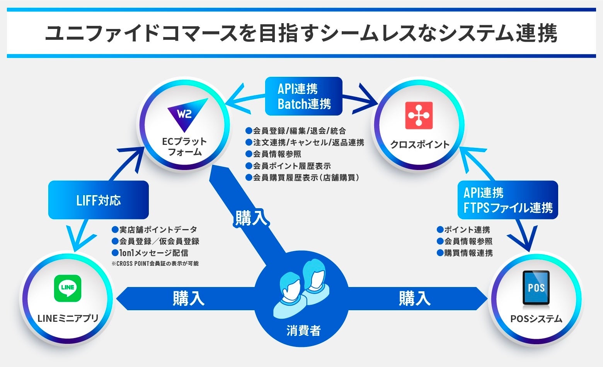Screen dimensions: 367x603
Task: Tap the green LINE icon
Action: click(68, 288)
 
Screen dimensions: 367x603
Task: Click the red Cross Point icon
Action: click(419, 115)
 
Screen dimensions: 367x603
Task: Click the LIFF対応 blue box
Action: click(98, 200)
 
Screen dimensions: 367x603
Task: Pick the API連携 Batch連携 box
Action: click(304, 96)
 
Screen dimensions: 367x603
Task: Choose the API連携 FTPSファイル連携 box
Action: click(508, 200)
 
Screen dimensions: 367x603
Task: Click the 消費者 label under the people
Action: click(303, 330)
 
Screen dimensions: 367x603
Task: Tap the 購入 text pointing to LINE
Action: click(188, 299)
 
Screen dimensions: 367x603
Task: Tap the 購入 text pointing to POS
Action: click(414, 299)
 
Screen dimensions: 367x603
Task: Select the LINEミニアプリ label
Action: click(68, 318)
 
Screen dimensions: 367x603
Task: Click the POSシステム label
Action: click(536, 319)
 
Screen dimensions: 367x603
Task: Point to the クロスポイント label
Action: click(419, 144)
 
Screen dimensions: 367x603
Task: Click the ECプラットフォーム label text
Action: click(184, 147)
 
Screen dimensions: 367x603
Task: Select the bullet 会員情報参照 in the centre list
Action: click(277, 154)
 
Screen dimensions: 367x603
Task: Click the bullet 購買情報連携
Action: click(468, 253)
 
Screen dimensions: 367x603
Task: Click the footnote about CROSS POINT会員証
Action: click(155, 263)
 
